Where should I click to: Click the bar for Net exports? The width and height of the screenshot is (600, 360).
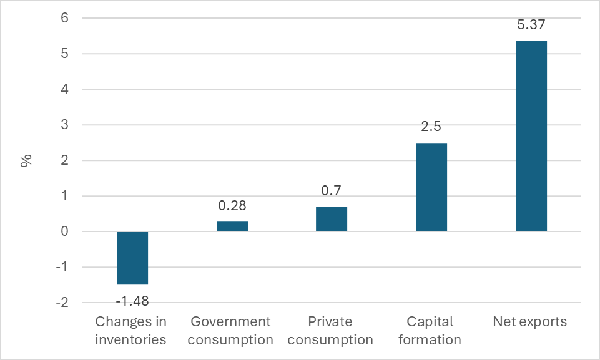click(531, 136)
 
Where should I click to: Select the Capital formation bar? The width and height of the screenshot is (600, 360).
click(431, 187)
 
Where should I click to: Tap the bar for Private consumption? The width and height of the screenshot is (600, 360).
click(332, 219)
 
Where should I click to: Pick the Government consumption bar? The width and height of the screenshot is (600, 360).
click(232, 226)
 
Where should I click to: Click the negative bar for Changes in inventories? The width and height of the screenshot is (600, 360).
click(132, 258)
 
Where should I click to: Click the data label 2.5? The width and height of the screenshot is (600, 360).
click(431, 127)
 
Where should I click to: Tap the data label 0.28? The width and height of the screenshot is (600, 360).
click(232, 206)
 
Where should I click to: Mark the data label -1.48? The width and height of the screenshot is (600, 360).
click(132, 300)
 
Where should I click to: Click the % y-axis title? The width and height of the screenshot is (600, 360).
click(26, 161)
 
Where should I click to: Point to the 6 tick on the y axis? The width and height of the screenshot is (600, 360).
click(64, 19)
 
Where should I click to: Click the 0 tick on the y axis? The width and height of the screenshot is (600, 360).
click(64, 231)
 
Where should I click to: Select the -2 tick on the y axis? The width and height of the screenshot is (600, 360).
click(62, 303)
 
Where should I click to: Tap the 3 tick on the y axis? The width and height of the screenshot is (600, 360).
click(64, 125)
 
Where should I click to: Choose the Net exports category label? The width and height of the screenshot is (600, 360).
click(530, 322)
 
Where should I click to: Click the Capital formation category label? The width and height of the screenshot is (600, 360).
click(431, 331)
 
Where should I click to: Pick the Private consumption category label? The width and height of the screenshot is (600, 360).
click(331, 331)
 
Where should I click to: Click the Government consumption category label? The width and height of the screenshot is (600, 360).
click(231, 331)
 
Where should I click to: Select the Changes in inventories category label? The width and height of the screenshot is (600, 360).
click(131, 331)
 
